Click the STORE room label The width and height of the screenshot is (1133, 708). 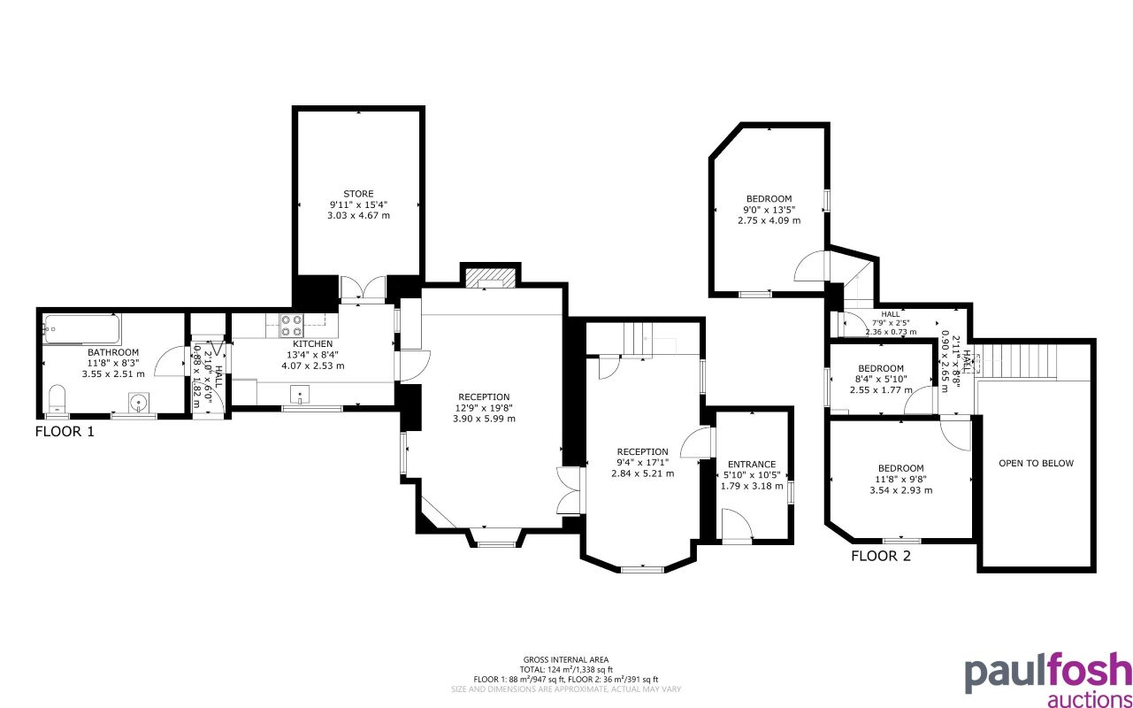tap(358, 194)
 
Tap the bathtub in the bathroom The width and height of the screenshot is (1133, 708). tap(81, 329)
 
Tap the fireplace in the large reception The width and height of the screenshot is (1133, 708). tap(488, 279)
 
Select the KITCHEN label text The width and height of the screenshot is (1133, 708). tap(313, 344)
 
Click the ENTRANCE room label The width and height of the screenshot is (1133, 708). tap(751, 464)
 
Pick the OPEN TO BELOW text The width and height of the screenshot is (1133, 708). tap(1036, 463)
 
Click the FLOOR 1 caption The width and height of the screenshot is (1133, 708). tap(65, 432)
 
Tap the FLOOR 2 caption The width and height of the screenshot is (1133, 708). tap(880, 557)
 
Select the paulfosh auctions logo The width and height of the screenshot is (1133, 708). tap(1047, 681)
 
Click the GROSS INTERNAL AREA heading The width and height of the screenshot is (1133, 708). tap(566, 660)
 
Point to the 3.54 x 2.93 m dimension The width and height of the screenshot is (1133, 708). tap(900, 490)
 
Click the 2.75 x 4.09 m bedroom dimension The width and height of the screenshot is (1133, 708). tap(769, 220)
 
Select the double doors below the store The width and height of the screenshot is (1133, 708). tap(363, 288)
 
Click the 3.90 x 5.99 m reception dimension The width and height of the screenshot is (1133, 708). tap(484, 419)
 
